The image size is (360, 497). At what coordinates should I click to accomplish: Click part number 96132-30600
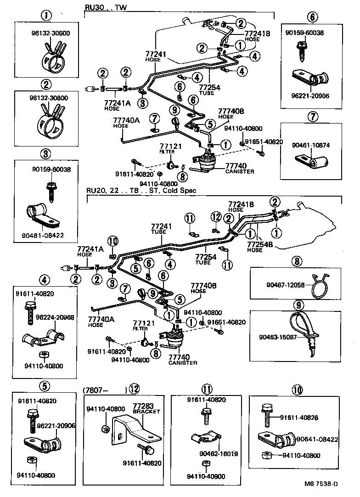[45, 34]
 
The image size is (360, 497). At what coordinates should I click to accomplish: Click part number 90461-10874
[311, 146]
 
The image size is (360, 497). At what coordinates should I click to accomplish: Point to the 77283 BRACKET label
[146, 409]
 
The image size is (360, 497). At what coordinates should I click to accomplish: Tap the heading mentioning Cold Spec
[141, 190]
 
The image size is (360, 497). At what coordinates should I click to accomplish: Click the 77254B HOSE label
[260, 247]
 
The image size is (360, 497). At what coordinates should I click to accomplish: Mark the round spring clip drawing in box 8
[319, 286]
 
